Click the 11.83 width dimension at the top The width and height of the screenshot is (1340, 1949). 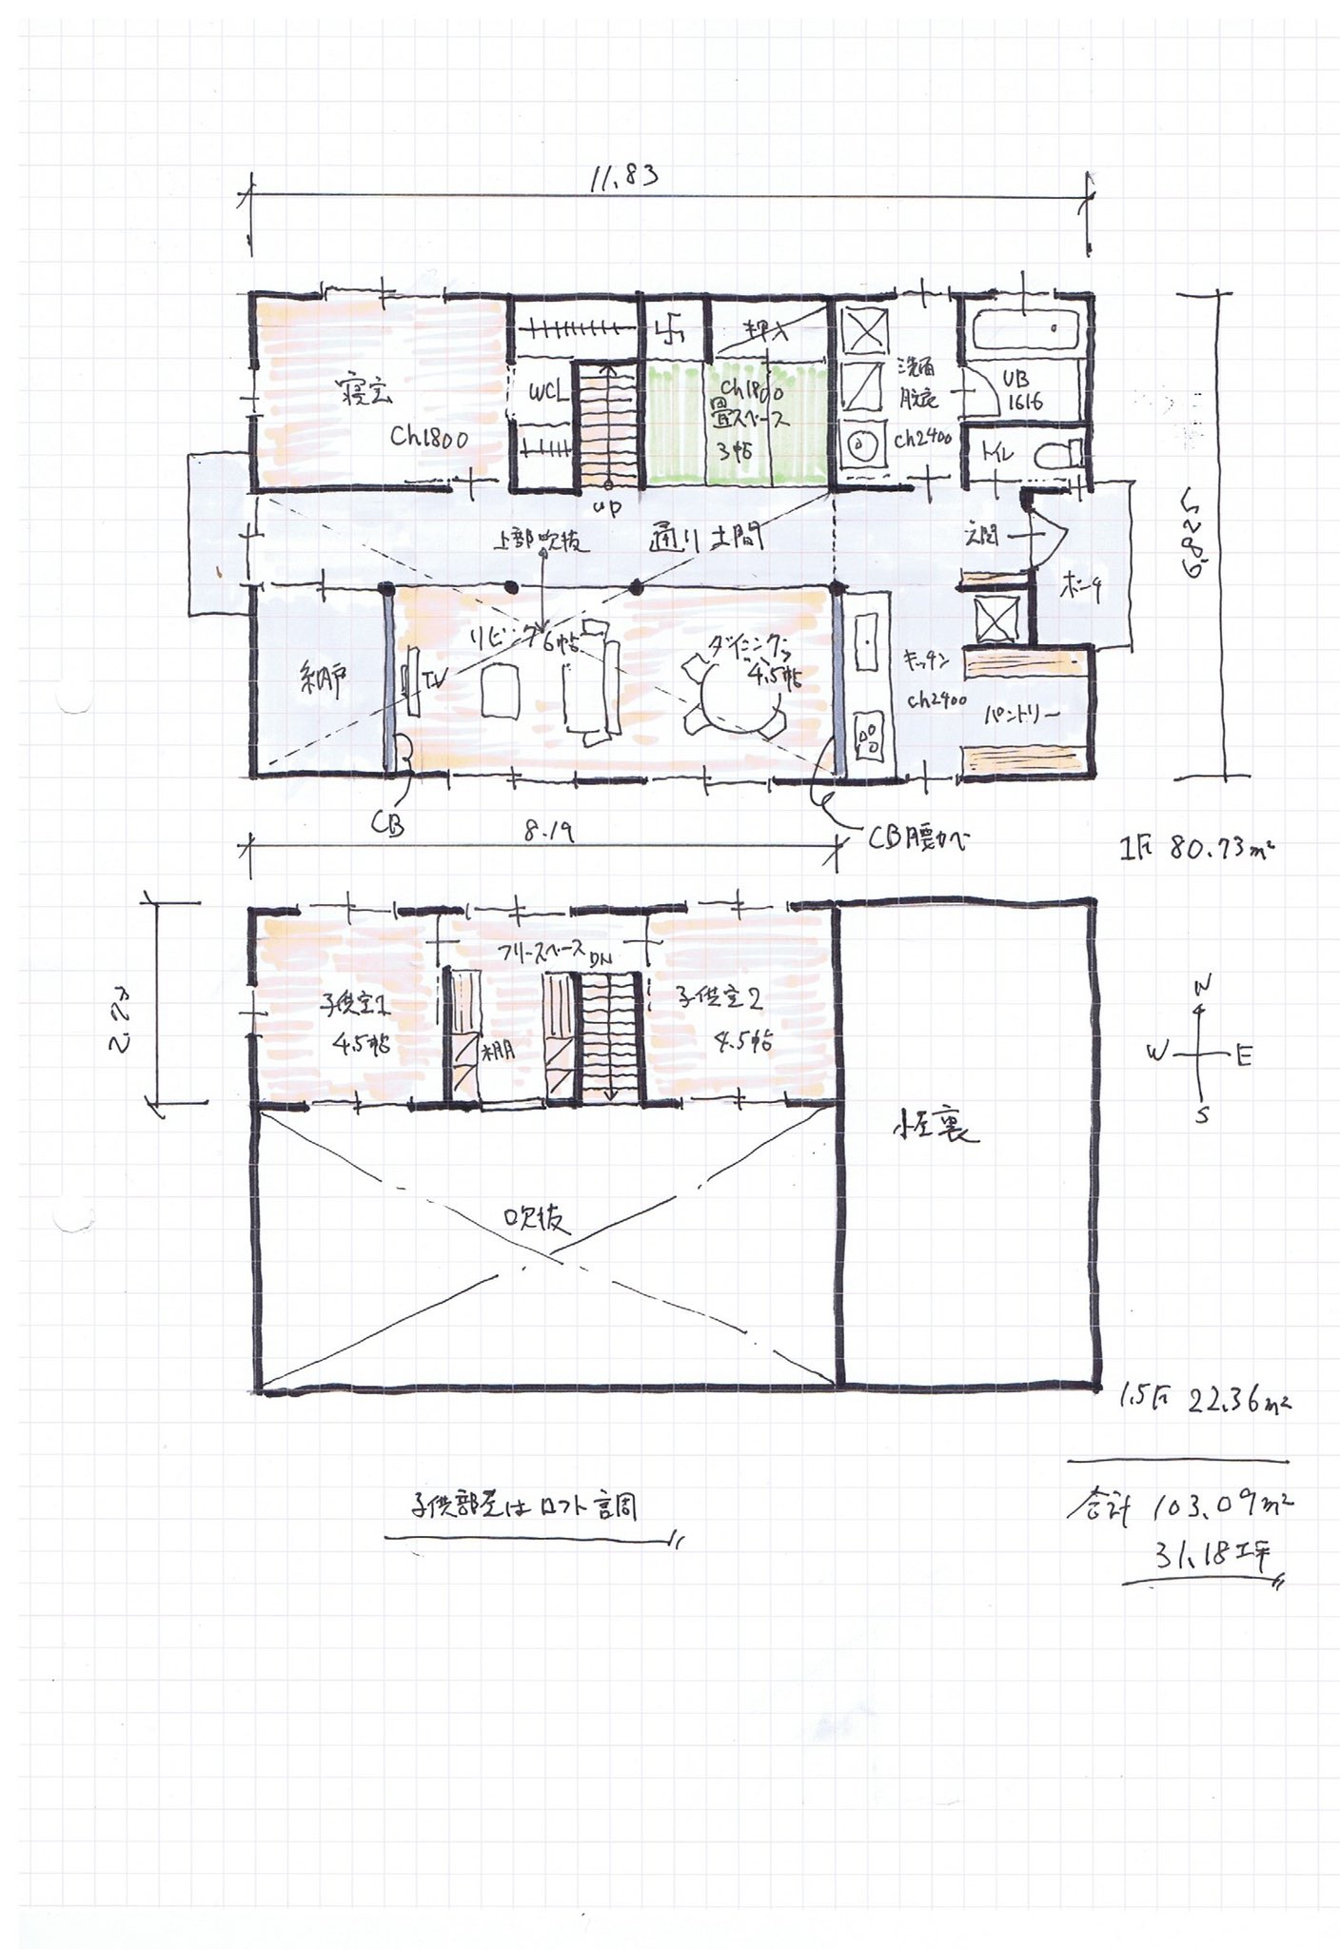623,178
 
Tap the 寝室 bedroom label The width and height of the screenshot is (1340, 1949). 366,393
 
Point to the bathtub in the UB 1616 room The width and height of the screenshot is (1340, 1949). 1026,330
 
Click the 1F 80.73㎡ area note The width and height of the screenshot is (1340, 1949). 1197,846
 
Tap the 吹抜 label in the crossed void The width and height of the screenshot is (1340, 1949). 539,1219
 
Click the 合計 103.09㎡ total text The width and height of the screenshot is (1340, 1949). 1178,1506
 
